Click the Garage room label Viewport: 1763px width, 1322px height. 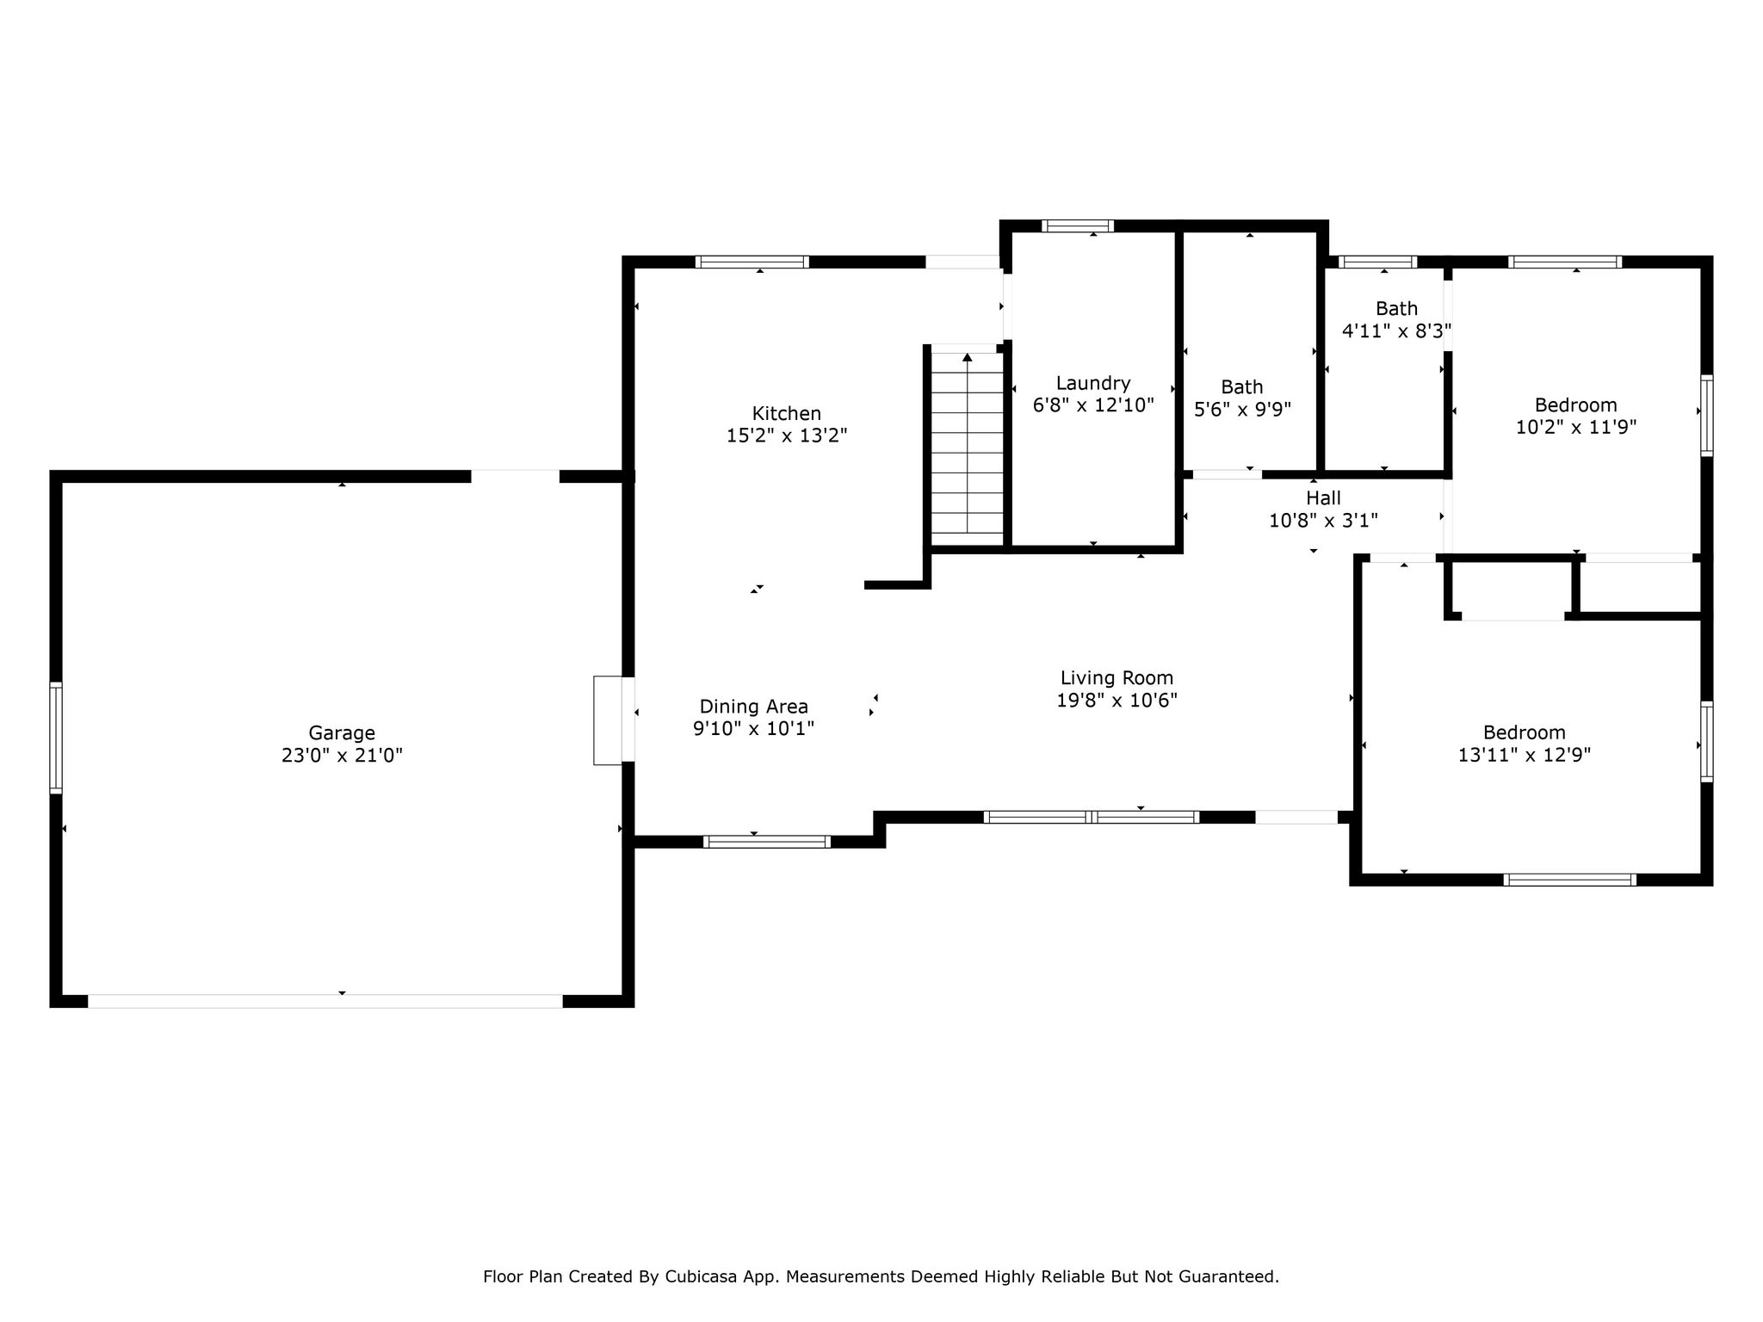pyautogui.click(x=342, y=733)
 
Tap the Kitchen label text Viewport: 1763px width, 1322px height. pyautogui.click(x=787, y=413)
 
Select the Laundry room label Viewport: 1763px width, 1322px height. pyautogui.click(x=1093, y=384)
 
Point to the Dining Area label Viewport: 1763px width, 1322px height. pyautogui.click(x=753, y=707)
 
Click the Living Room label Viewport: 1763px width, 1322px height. pyautogui.click(x=1117, y=678)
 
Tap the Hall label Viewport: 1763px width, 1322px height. pyautogui.click(x=1323, y=498)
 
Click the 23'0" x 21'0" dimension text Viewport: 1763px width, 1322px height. pyautogui.click(x=342, y=756)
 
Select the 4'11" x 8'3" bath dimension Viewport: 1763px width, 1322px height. pyautogui.click(x=1396, y=330)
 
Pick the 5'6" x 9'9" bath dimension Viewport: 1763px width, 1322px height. pyautogui.click(x=1242, y=410)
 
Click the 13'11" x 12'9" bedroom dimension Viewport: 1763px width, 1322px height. pyautogui.click(x=1524, y=756)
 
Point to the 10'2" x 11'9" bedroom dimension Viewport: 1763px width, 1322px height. pyautogui.click(x=1575, y=428)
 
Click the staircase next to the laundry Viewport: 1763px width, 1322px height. pyautogui.click(x=968, y=448)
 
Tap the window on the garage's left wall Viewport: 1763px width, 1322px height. pyautogui.click(x=56, y=737)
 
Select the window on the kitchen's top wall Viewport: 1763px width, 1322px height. pyautogui.click(x=752, y=262)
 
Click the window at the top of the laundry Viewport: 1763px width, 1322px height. pyautogui.click(x=1078, y=226)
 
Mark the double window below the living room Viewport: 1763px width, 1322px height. pyautogui.click(x=1092, y=817)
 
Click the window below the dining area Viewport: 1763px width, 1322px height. pyautogui.click(x=767, y=842)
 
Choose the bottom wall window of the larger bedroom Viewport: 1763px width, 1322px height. pyautogui.click(x=1570, y=880)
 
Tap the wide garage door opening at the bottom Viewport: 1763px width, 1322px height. pyautogui.click(x=325, y=1001)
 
